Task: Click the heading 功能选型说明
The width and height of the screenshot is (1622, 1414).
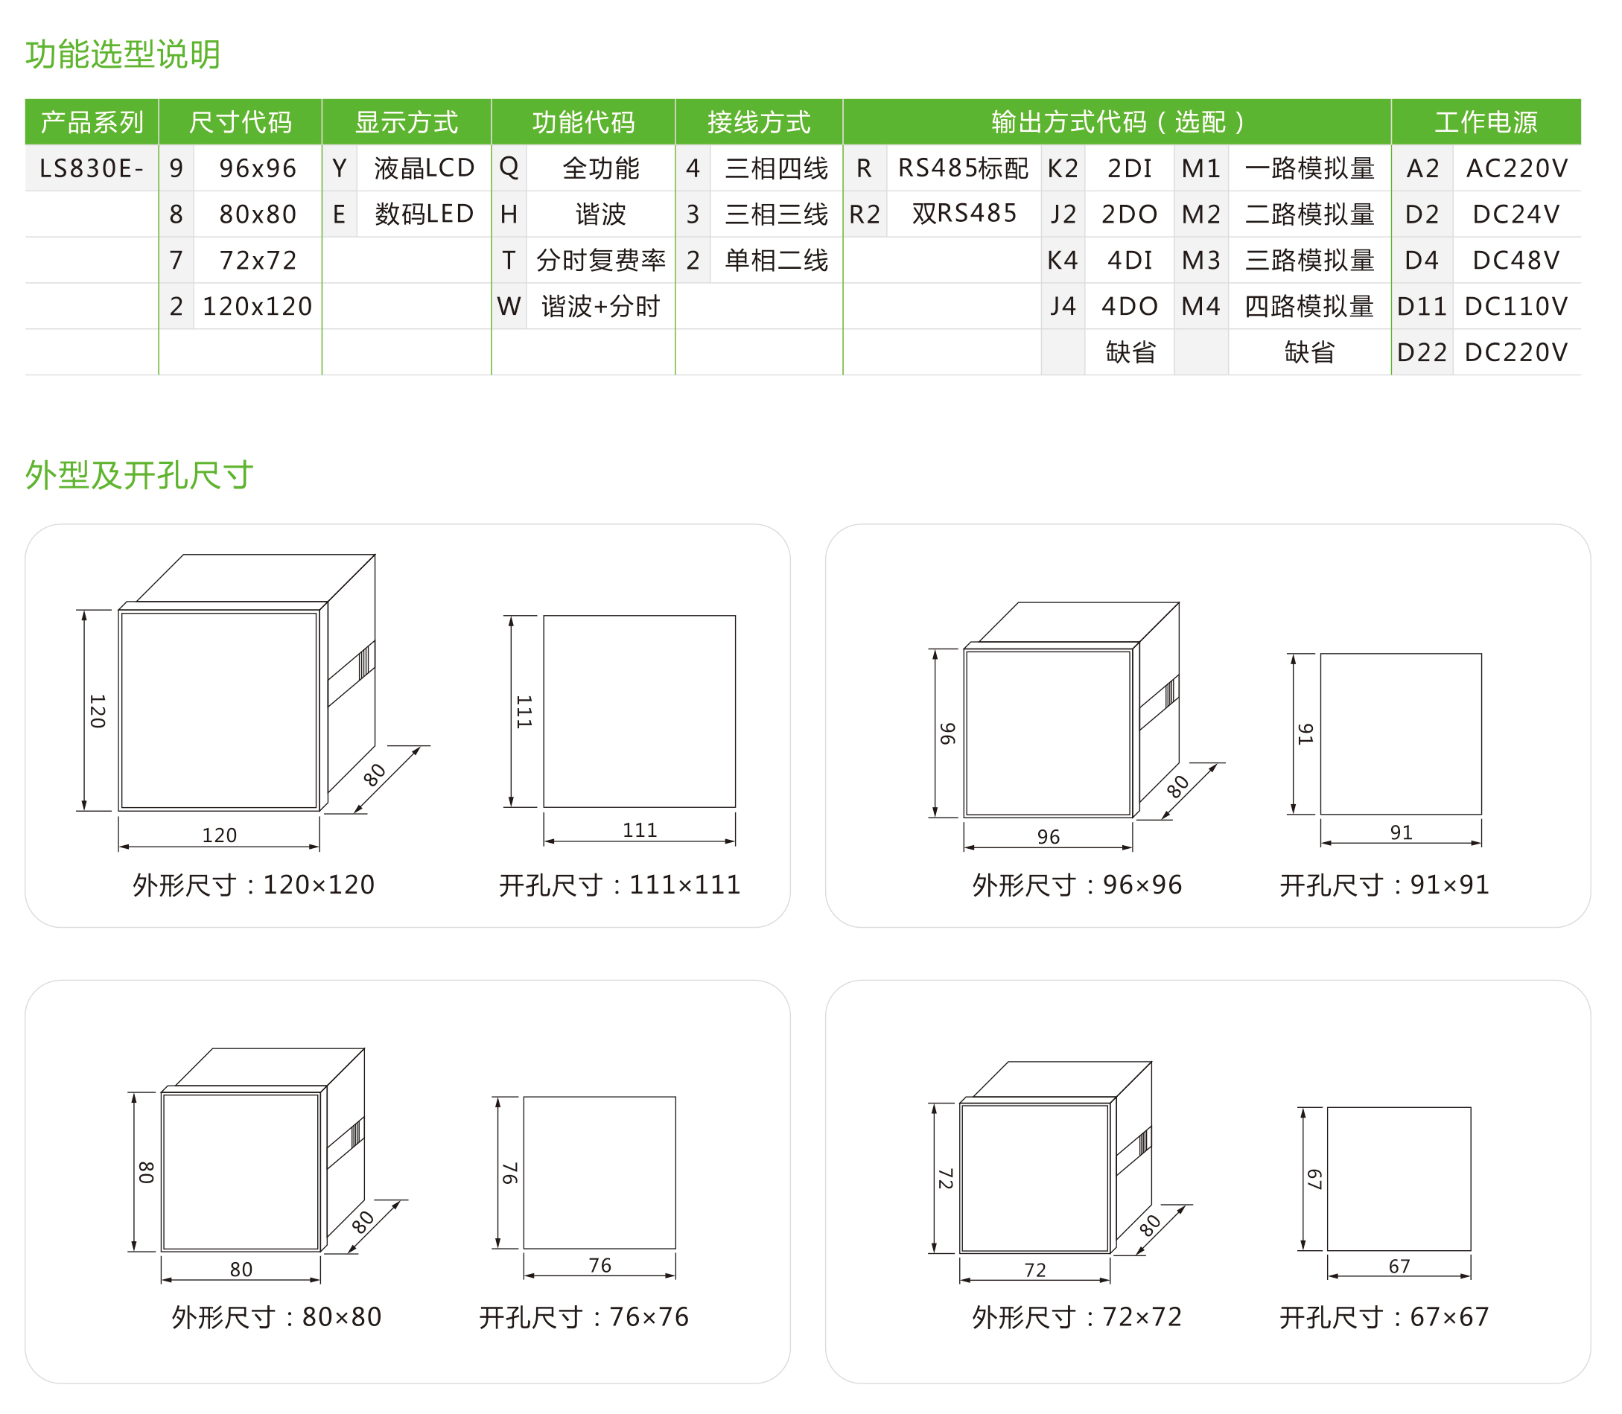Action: [x=123, y=54]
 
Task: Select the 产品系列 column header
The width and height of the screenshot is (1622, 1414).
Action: [x=92, y=122]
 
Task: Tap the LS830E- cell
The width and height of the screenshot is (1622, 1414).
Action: [x=92, y=168]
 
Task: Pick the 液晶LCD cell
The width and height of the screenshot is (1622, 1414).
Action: [x=424, y=168]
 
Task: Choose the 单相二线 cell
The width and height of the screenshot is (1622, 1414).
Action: [x=776, y=261]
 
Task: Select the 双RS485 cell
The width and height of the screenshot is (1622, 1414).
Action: [x=963, y=214]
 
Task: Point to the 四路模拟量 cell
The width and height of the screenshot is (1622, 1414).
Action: [x=1308, y=306]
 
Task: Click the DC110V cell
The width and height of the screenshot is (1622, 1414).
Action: [x=1516, y=306]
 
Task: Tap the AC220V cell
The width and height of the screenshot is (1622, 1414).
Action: [x=1516, y=168]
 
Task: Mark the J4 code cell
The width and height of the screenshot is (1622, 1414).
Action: [x=1063, y=306]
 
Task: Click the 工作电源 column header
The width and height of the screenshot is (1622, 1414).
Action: [x=1486, y=122]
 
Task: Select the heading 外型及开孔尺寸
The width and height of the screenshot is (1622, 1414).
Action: [x=139, y=475]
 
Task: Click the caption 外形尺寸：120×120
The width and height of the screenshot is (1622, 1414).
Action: [x=253, y=885]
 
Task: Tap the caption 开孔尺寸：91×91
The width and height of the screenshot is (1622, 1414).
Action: [x=1384, y=885]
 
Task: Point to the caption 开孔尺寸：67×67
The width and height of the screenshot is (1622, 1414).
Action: [x=1384, y=1317]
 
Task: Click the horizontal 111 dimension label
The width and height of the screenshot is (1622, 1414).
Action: [x=639, y=830]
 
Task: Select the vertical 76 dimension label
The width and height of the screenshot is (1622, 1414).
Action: [x=510, y=1173]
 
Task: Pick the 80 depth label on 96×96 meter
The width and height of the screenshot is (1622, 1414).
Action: [x=1177, y=786]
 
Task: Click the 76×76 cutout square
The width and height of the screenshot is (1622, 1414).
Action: [x=599, y=1173]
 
